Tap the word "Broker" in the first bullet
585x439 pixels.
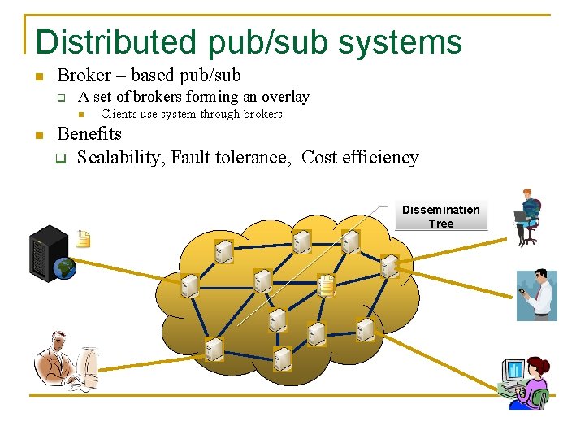pyautogui.click(x=84, y=76)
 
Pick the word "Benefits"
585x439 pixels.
pyautogui.click(x=89, y=134)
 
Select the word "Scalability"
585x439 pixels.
pyautogui.click(x=121, y=158)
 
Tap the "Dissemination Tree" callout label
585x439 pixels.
pyautogui.click(x=441, y=216)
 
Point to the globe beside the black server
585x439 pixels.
pyautogui.click(x=64, y=267)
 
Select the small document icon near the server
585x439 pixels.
pyautogui.click(x=83, y=239)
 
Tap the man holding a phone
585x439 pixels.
pyautogui.click(x=538, y=296)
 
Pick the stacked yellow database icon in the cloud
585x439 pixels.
pyautogui.click(x=326, y=285)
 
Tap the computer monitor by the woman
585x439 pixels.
pyautogui.click(x=513, y=372)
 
